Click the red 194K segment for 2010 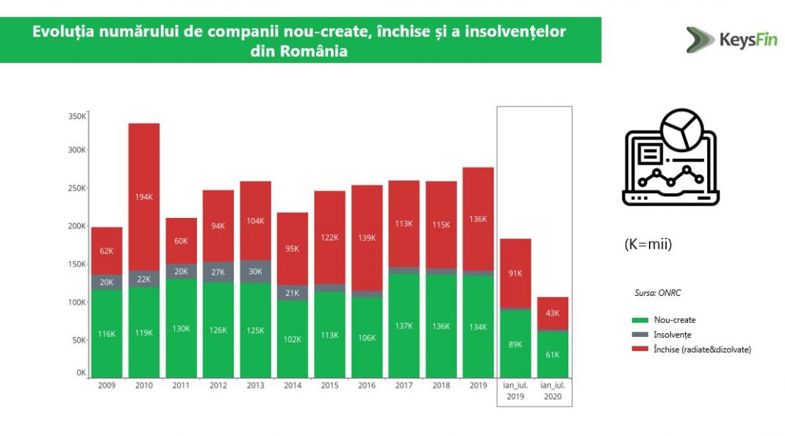[x=144, y=197]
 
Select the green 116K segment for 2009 [x=107, y=334]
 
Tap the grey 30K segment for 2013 [x=255, y=271]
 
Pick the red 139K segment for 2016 [x=367, y=238]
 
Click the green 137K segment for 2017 [x=404, y=326]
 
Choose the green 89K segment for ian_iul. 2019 [x=515, y=344]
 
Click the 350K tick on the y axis [x=77, y=116]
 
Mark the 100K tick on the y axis [x=77, y=302]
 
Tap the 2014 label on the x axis [x=293, y=385]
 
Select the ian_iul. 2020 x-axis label [x=552, y=390]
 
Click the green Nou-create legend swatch [x=639, y=320]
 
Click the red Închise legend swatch [x=639, y=349]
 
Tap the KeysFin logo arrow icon [x=700, y=40]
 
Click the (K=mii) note [x=648, y=244]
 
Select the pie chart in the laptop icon [x=682, y=130]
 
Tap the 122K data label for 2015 [x=329, y=238]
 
